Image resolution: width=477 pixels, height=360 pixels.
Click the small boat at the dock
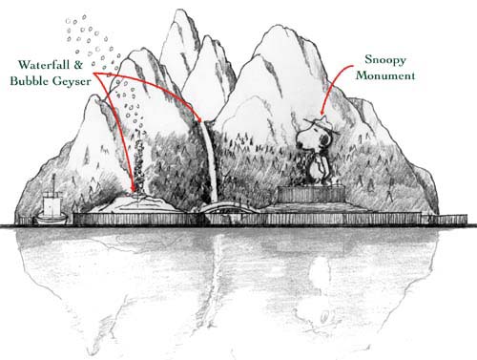click(51, 215)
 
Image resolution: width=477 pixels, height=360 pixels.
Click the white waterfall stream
click(210, 162)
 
